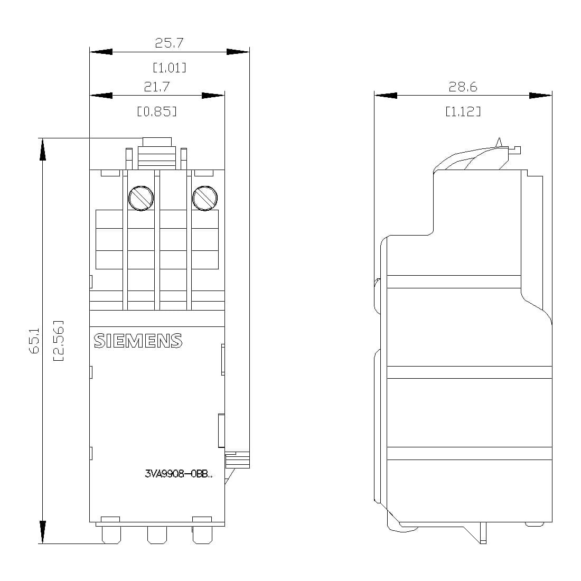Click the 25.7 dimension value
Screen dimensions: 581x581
pos(169,43)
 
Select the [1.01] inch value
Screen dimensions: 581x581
pos(169,68)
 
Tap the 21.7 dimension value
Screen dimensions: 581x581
pos(157,87)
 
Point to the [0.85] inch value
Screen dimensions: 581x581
pos(157,111)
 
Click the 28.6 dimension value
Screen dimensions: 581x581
pos(463,87)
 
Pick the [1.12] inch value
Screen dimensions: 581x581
pos(463,111)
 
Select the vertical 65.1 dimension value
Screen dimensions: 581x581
pos(34,341)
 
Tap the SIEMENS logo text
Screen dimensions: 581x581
pos(138,341)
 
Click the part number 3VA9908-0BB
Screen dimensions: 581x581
pos(179,474)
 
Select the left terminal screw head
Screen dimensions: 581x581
pos(142,198)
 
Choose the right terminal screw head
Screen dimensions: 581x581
pos(205,198)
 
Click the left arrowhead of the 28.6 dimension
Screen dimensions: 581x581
pos(385,96)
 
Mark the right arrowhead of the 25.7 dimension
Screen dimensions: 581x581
pos(238,52)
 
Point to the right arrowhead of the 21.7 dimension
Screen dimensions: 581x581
pos(213,96)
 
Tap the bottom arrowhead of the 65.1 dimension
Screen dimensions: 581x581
pos(42,532)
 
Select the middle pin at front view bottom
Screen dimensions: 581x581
pos(156,535)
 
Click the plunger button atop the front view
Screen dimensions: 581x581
pos(157,142)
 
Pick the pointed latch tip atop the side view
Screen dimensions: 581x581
pos(498,141)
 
